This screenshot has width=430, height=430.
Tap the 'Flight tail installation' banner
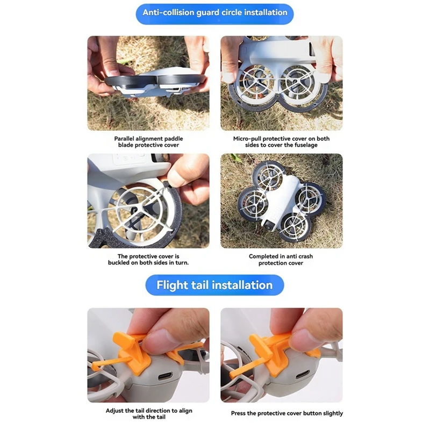pos(214,285)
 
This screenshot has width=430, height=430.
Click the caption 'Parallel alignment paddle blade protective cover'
pos(148,141)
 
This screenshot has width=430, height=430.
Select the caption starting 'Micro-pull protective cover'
pos(281,141)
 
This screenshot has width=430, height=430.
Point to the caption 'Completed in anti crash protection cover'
pos(281,260)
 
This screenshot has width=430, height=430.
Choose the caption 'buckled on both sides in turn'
pos(148,263)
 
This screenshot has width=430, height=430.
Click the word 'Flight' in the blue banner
pos(173,285)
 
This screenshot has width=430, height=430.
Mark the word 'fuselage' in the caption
pos(304,145)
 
